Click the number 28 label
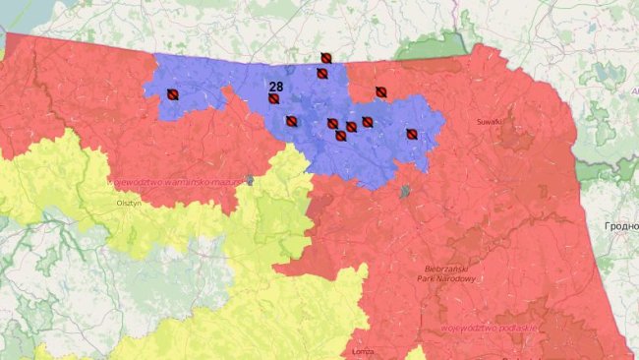pyautogui.click(x=276, y=87)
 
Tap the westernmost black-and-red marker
pyautogui.click(x=172, y=94)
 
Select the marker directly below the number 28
pyautogui.click(x=274, y=99)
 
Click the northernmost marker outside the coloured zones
pyautogui.click(x=325, y=58)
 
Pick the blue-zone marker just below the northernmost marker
pyautogui.click(x=321, y=73)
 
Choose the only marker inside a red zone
pyautogui.click(x=380, y=92)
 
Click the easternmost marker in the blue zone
pyautogui.click(x=412, y=134)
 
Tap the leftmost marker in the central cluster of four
pyautogui.click(x=332, y=124)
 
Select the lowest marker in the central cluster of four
pyautogui.click(x=340, y=136)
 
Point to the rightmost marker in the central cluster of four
pyautogui.click(x=367, y=122)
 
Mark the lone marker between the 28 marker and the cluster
pyautogui.click(x=291, y=121)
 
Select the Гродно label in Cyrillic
pyautogui.click(x=618, y=226)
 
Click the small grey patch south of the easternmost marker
pyautogui.click(x=404, y=192)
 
